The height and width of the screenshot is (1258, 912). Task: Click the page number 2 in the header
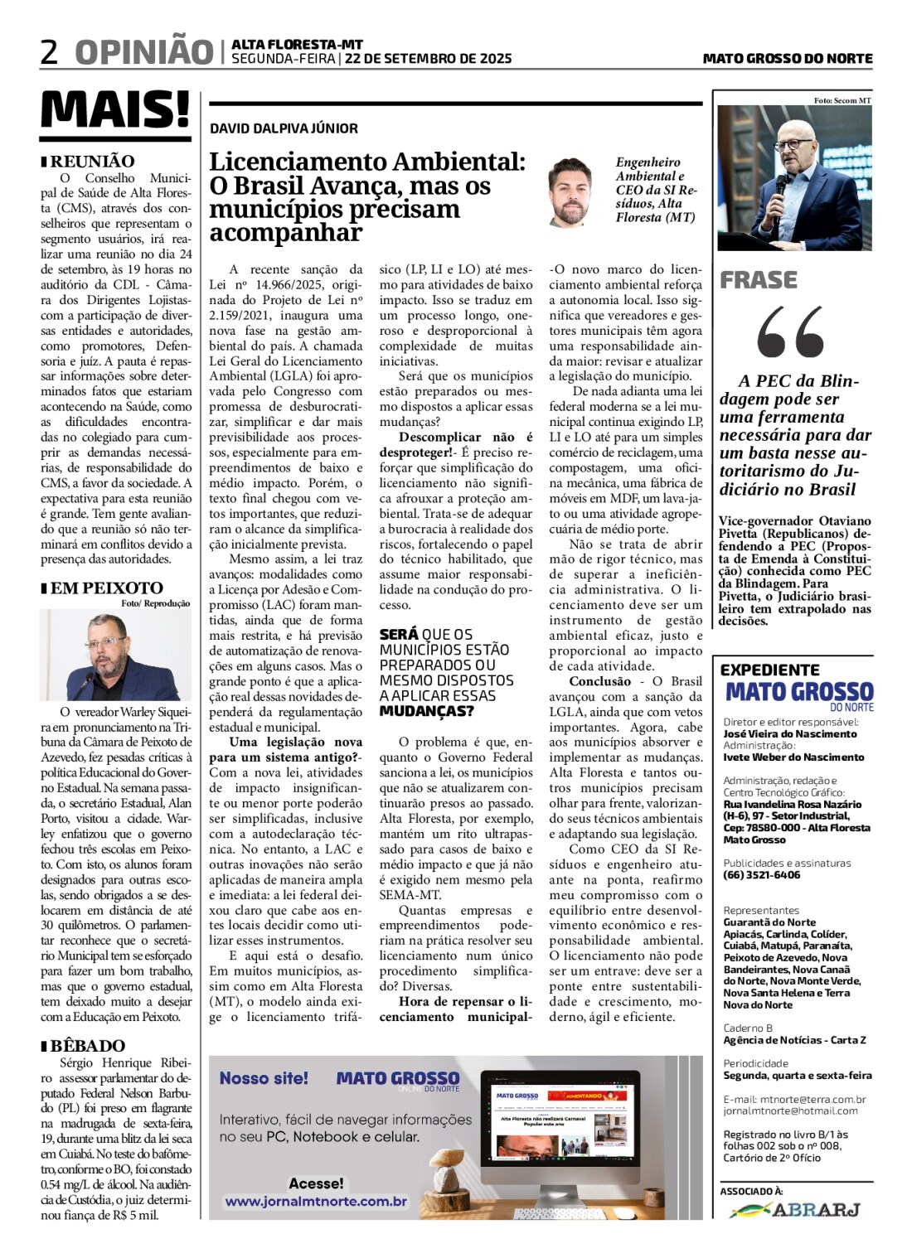(x=50, y=52)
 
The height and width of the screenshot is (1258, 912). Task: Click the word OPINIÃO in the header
(x=144, y=52)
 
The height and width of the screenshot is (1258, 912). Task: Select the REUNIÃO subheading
(x=92, y=162)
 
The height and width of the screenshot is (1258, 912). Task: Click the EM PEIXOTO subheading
(x=106, y=588)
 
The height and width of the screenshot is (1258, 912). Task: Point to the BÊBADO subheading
(x=88, y=1046)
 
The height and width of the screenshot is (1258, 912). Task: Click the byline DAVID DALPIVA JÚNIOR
(x=284, y=128)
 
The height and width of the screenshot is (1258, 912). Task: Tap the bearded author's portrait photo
(x=570, y=194)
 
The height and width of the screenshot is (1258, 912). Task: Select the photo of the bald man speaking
(x=794, y=177)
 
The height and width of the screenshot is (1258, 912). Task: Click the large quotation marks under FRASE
(x=790, y=331)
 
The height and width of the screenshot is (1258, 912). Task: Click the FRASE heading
(x=759, y=280)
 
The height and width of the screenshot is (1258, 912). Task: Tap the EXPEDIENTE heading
(x=769, y=670)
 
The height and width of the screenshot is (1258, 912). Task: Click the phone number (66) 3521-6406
(x=761, y=875)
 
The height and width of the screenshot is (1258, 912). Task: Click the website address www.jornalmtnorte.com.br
(x=316, y=1201)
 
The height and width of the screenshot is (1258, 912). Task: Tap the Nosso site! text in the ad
(x=264, y=1078)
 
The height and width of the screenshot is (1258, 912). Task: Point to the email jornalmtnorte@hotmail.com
(x=790, y=1110)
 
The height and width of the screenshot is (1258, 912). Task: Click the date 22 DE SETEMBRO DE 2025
(x=428, y=59)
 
